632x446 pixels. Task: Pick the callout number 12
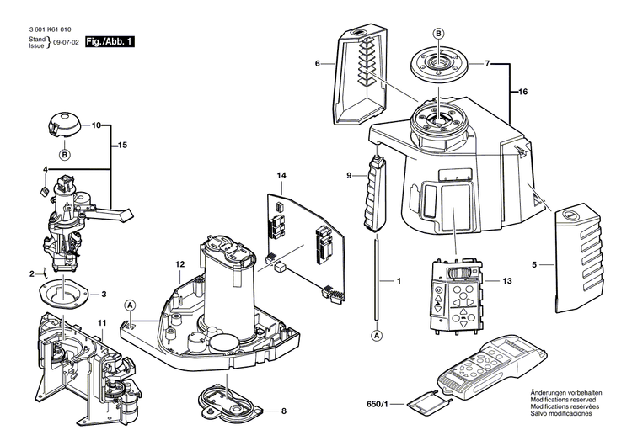coord(179,264)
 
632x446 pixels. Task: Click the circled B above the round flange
coord(438,32)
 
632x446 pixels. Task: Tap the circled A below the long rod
coord(376,335)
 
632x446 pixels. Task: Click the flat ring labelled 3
coord(65,295)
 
